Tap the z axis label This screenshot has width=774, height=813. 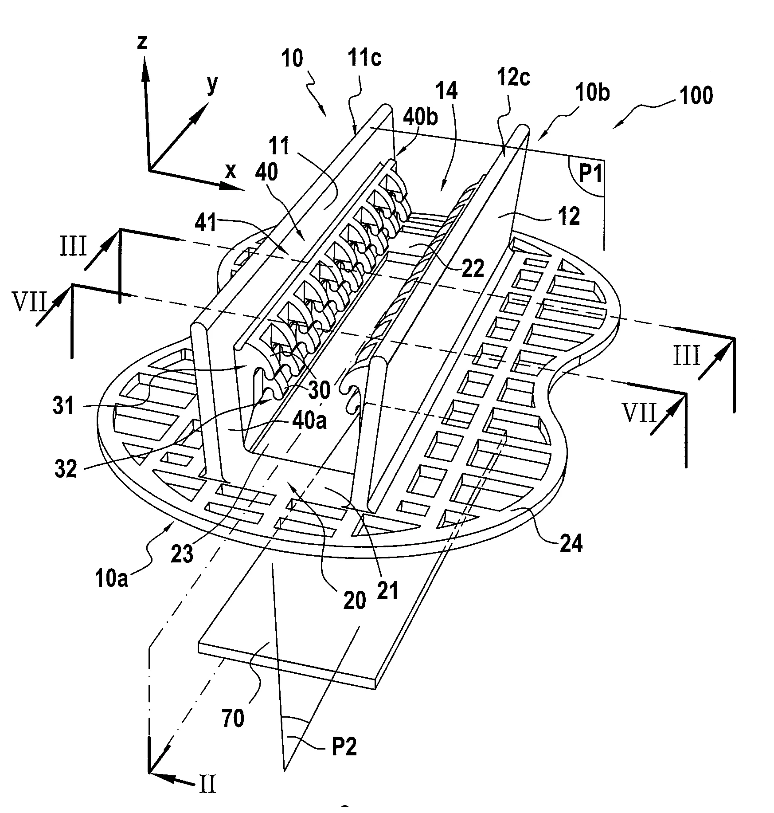tap(142, 43)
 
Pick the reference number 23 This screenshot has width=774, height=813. tap(182, 554)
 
